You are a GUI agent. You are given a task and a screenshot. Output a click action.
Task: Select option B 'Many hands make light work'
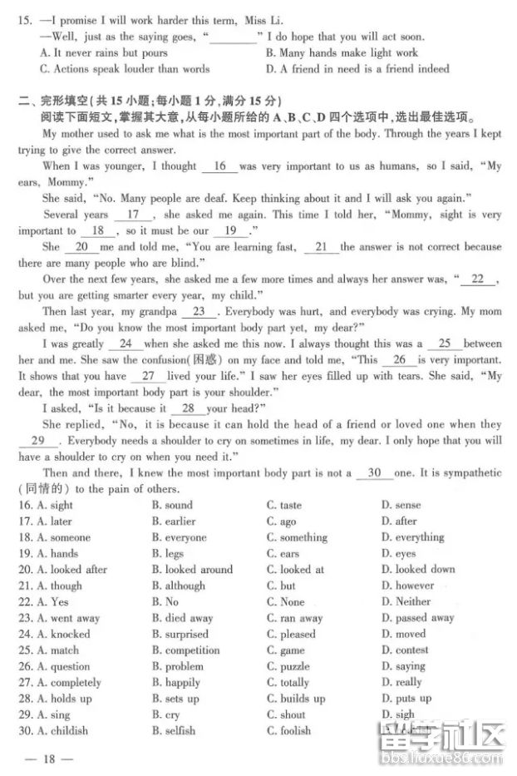pos(342,52)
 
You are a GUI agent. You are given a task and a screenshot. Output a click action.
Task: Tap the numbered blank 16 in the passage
pos(220,166)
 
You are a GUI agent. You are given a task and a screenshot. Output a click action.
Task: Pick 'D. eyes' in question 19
pos(398,553)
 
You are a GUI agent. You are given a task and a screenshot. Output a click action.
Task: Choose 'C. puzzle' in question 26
pos(288,666)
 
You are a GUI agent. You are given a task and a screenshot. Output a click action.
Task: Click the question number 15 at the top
pos(23,20)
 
